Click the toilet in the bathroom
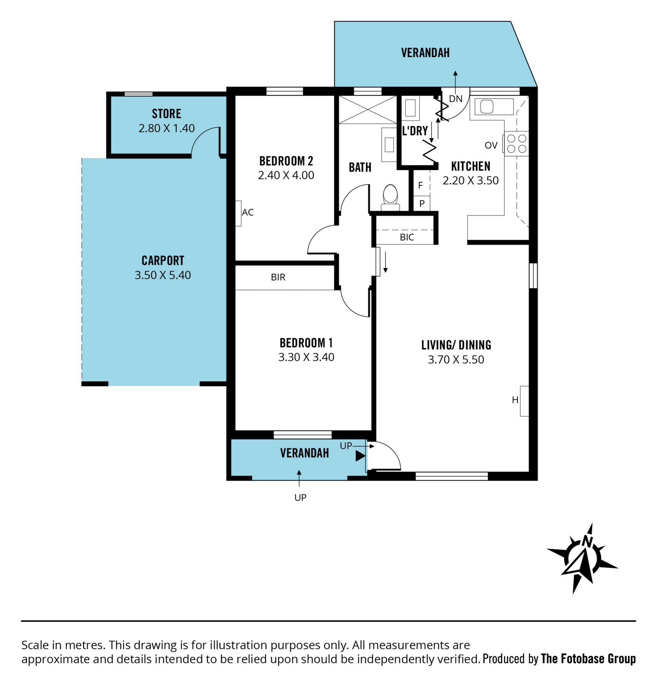390,198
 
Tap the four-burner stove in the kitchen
516,144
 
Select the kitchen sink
494,107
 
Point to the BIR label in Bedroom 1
278,277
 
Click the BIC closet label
407,237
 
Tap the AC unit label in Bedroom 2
248,212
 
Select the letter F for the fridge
421,185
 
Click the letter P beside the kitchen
422,203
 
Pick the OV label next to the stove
491,145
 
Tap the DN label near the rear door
456,99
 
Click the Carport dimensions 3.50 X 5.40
163,275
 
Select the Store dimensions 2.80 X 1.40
166,129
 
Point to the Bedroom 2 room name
286,161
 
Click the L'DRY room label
415,131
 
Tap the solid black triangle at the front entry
360,456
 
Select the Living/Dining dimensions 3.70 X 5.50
456,359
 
